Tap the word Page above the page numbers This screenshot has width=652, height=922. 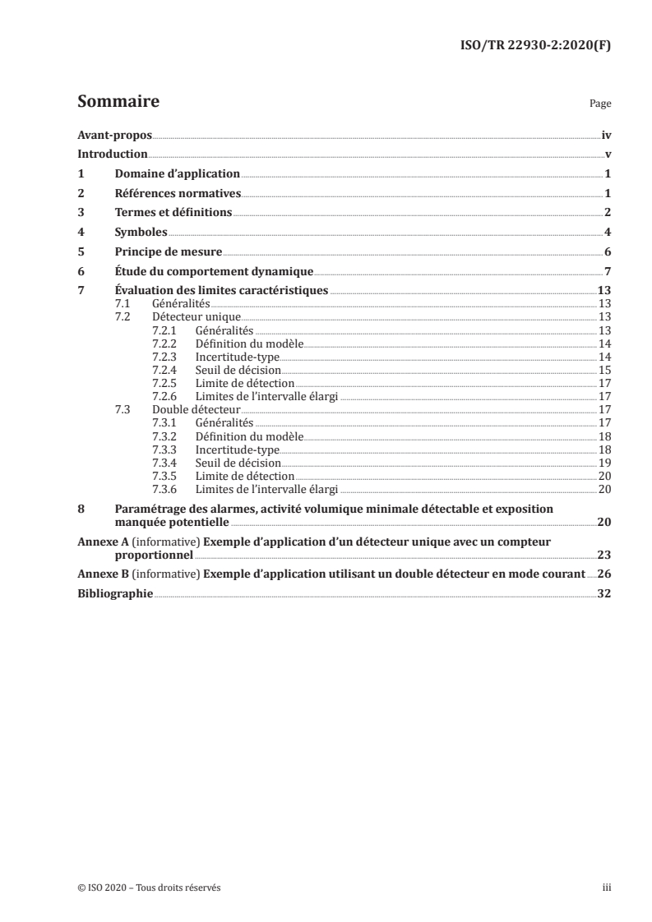pos(600,105)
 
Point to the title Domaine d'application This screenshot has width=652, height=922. pos(177,174)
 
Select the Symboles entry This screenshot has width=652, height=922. pos(141,233)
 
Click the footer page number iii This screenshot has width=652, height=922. pos(607,887)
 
